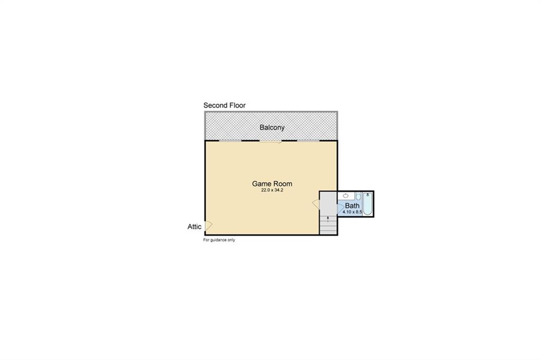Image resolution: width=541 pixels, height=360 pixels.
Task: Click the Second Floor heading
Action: [225, 106]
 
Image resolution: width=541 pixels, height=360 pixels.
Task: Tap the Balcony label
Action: [272, 127]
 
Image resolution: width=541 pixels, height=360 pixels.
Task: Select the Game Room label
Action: [272, 184]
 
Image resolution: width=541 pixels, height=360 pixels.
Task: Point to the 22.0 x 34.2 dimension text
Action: [272, 191]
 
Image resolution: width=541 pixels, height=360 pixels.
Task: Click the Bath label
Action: [352, 205]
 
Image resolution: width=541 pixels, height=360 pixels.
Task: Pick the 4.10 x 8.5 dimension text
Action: [352, 212]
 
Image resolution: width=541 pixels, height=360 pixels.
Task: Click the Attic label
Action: [194, 227]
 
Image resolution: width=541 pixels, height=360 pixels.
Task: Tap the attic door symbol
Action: [208, 226]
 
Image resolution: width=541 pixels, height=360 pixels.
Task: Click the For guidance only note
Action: [219, 240]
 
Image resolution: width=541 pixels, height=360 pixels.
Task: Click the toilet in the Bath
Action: [358, 196]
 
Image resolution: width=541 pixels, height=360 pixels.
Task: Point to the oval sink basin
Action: [344, 196]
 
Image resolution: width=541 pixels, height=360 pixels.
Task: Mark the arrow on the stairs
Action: [328, 219]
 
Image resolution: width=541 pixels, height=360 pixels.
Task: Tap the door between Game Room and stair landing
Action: [316, 204]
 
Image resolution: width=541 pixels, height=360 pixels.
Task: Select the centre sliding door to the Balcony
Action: [270, 141]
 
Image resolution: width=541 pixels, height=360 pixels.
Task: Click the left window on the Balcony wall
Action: [230, 141]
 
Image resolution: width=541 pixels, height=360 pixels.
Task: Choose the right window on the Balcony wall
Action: [308, 141]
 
